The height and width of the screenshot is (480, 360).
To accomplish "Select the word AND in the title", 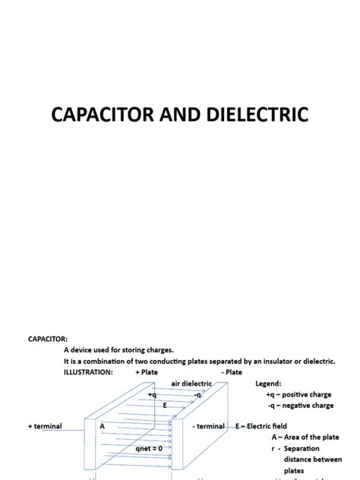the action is (179, 115).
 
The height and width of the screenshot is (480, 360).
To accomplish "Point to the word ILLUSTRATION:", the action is (88, 372).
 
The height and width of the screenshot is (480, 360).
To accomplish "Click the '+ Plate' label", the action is (147, 372).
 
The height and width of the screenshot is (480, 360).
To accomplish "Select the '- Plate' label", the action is (232, 372).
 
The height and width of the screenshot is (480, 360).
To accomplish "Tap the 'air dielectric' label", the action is (191, 384).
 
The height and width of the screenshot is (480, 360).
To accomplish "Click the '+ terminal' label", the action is (45, 426).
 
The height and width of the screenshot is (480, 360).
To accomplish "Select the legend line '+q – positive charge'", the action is (299, 395).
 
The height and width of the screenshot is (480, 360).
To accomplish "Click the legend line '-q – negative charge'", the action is (300, 406).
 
